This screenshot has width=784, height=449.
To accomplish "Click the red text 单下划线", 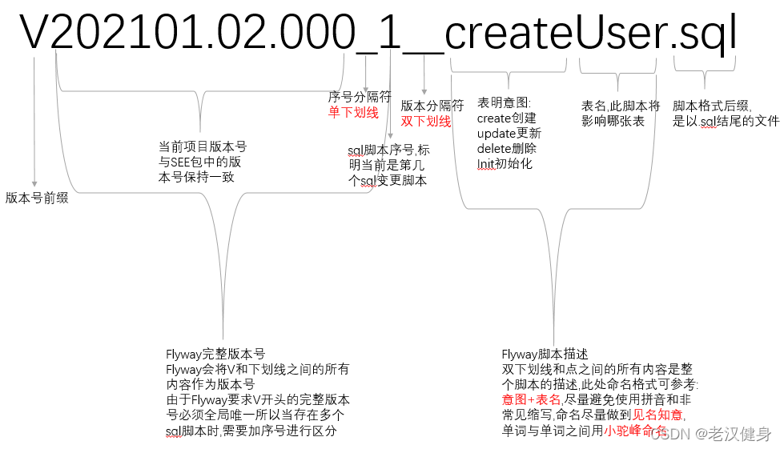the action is (353, 113).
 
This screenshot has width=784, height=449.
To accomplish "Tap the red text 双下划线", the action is (425, 122).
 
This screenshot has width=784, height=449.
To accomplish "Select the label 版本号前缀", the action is (37, 198).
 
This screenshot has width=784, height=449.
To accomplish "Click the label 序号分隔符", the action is (360, 97).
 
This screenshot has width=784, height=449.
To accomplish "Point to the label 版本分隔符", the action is (432, 106).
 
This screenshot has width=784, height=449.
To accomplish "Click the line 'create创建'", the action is (507, 118).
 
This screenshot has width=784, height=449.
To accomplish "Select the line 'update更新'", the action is (509, 133).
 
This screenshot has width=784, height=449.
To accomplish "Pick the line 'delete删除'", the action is (507, 148).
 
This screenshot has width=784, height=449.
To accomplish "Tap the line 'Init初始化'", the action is (505, 163).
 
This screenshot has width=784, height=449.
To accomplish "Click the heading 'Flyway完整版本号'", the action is (215, 354).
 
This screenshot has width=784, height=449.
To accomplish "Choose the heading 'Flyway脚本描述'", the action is (545, 354).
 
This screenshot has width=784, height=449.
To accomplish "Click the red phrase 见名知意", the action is (658, 415).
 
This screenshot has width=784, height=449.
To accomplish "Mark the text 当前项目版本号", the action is (203, 146).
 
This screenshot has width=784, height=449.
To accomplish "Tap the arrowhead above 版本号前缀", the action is (34, 183).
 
